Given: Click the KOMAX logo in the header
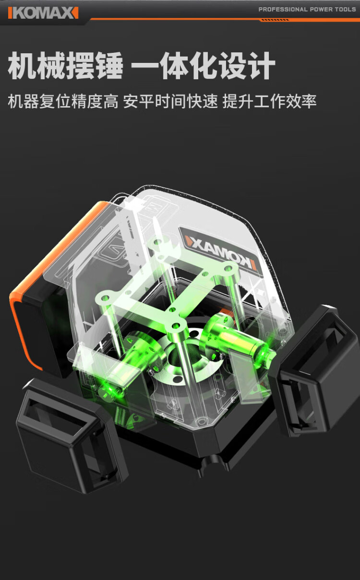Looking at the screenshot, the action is (x=43, y=13).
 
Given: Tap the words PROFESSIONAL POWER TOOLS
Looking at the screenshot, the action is (x=307, y=10).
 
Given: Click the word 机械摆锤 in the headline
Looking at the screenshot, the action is (x=65, y=65).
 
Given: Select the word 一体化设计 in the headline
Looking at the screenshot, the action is (x=203, y=65).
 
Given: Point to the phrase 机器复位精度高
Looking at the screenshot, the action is (x=63, y=101).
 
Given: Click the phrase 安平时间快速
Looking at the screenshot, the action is (x=170, y=101).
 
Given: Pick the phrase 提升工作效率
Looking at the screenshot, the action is (x=269, y=101).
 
